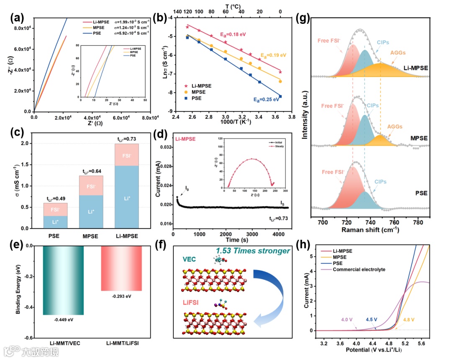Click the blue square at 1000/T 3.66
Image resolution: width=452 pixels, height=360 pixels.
coord(280,96)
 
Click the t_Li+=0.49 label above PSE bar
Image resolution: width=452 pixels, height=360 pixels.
coord(56,199)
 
